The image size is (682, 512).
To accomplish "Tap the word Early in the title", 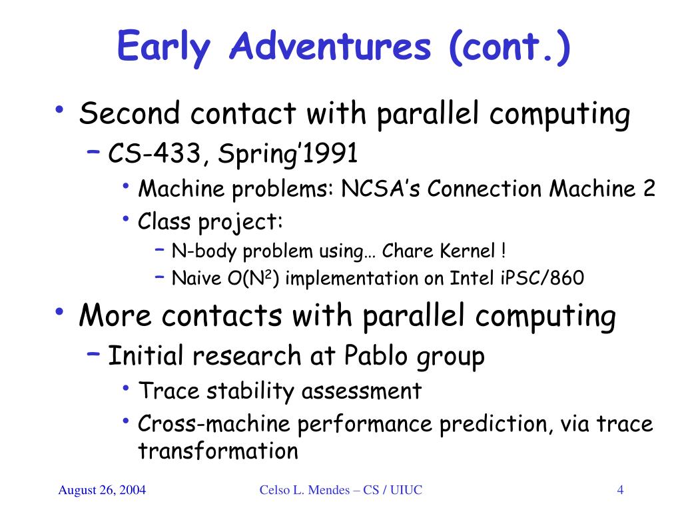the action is click(164, 47).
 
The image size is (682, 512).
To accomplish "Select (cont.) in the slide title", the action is click(510, 47).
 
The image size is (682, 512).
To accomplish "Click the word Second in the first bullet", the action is click(129, 113).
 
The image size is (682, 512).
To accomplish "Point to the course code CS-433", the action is click(155, 153).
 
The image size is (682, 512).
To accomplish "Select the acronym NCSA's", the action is click(380, 189).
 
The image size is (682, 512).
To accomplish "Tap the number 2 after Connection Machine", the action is click(649, 189).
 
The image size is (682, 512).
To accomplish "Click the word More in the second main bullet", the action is click(115, 315).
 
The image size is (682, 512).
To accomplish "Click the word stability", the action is click(250, 391).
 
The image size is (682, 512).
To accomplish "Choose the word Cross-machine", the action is click(214, 423).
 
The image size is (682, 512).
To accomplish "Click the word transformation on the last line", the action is click(218, 451).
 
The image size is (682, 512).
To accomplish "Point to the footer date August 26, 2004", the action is click(102, 490).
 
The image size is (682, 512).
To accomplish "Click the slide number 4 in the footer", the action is click(620, 490).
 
